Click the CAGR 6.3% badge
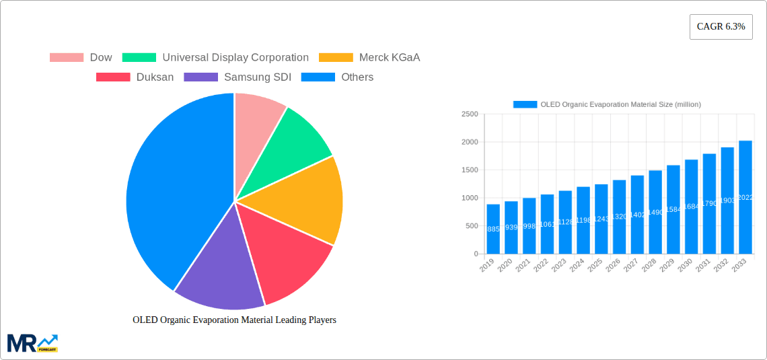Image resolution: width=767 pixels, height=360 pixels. pos(721,26)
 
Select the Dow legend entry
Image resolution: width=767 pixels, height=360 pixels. pos(81,57)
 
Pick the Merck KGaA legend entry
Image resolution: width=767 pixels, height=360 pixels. pos(369,57)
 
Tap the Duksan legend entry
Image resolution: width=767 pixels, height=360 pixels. pos(135,77)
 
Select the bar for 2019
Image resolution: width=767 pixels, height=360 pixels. pos(493,229)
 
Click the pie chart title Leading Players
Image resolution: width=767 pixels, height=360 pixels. pos(234,320)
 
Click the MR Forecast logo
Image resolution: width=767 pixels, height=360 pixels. pos(32,343)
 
